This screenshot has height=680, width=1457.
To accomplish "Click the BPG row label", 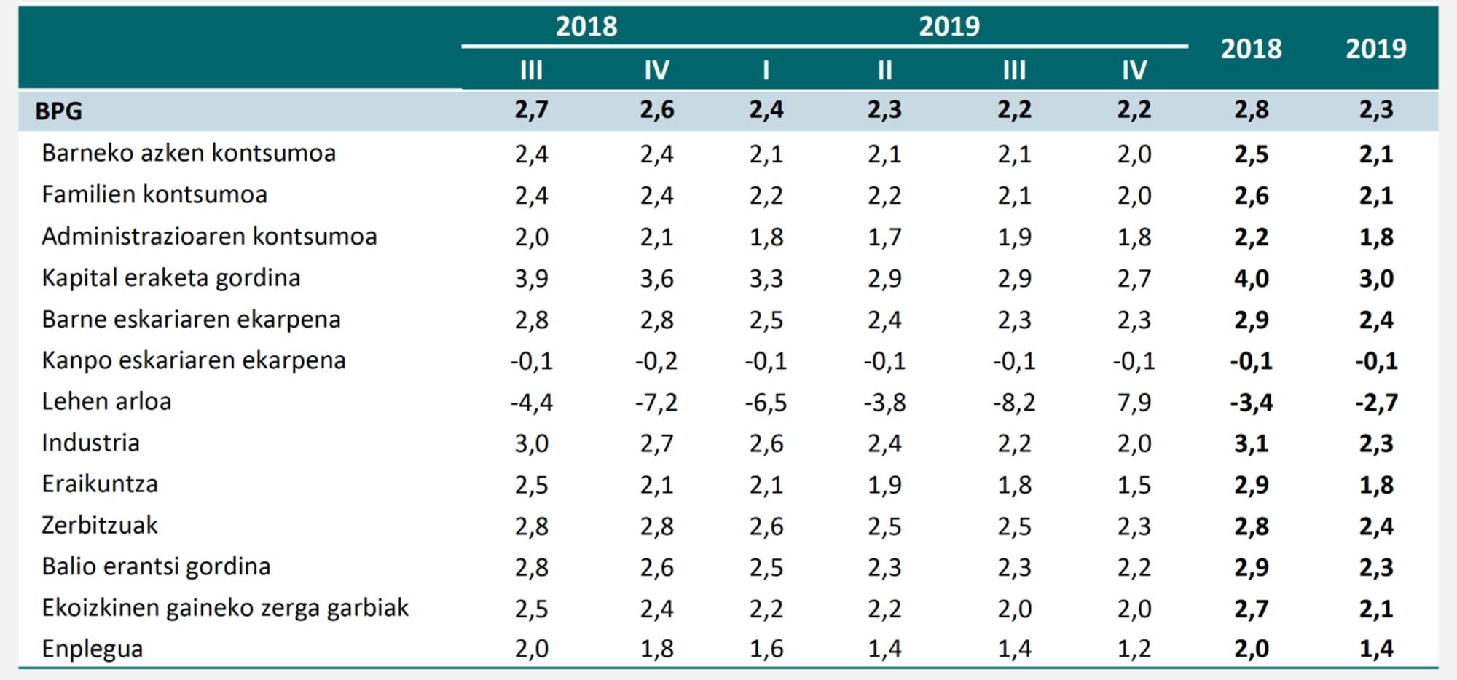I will [58, 111].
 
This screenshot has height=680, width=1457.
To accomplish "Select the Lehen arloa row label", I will [106, 402].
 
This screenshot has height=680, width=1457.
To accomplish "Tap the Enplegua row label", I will [92, 649].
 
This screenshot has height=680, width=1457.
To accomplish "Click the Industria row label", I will [90, 443].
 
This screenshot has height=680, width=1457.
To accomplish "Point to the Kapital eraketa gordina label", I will [170, 278].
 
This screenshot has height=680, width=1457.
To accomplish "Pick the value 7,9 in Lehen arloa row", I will [1134, 402].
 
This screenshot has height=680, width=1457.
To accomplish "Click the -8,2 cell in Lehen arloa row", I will [1013, 402].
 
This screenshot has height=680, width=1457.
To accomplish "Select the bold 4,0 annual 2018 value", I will [1251, 278].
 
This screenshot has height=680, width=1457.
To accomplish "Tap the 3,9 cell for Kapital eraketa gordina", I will [531, 278].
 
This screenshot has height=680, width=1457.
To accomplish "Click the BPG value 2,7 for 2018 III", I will [531, 111].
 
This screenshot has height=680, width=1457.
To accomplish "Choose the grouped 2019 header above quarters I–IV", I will [949, 27].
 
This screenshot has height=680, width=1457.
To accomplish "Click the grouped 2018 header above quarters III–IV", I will [586, 27].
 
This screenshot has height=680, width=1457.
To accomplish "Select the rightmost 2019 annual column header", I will [1375, 49].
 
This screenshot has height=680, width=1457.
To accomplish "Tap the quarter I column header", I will [766, 71].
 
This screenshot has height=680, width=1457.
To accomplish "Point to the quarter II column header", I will [884, 71].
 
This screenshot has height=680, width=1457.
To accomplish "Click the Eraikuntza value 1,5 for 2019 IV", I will [1134, 485].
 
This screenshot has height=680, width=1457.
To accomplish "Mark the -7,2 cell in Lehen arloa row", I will [656, 402].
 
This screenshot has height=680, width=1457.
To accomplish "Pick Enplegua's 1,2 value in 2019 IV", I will [1134, 649].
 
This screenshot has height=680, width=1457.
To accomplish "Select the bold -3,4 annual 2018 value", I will [1251, 402].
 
